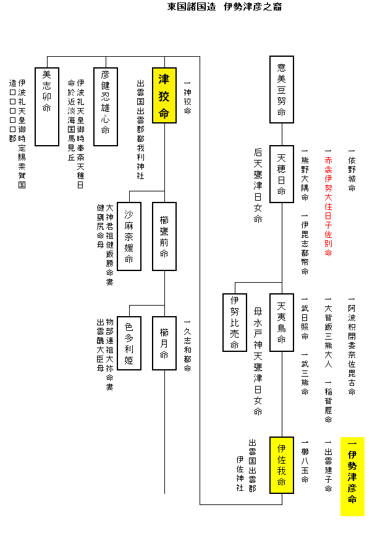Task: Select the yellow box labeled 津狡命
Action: pos(164,96)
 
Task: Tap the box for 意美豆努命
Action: pos(281,90)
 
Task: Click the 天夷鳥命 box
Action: pos(281,322)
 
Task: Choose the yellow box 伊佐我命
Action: pos(281,464)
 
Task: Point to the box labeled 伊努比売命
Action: pos(235,322)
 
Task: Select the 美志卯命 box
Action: pos(47,106)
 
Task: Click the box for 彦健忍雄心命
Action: pos(105,106)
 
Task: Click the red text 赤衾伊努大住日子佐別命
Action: pos(328,204)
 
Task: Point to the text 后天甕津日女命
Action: pos(258,185)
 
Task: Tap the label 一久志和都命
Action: pos(187,346)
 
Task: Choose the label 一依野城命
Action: pos(352,170)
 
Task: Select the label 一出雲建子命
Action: pos(328,466)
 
